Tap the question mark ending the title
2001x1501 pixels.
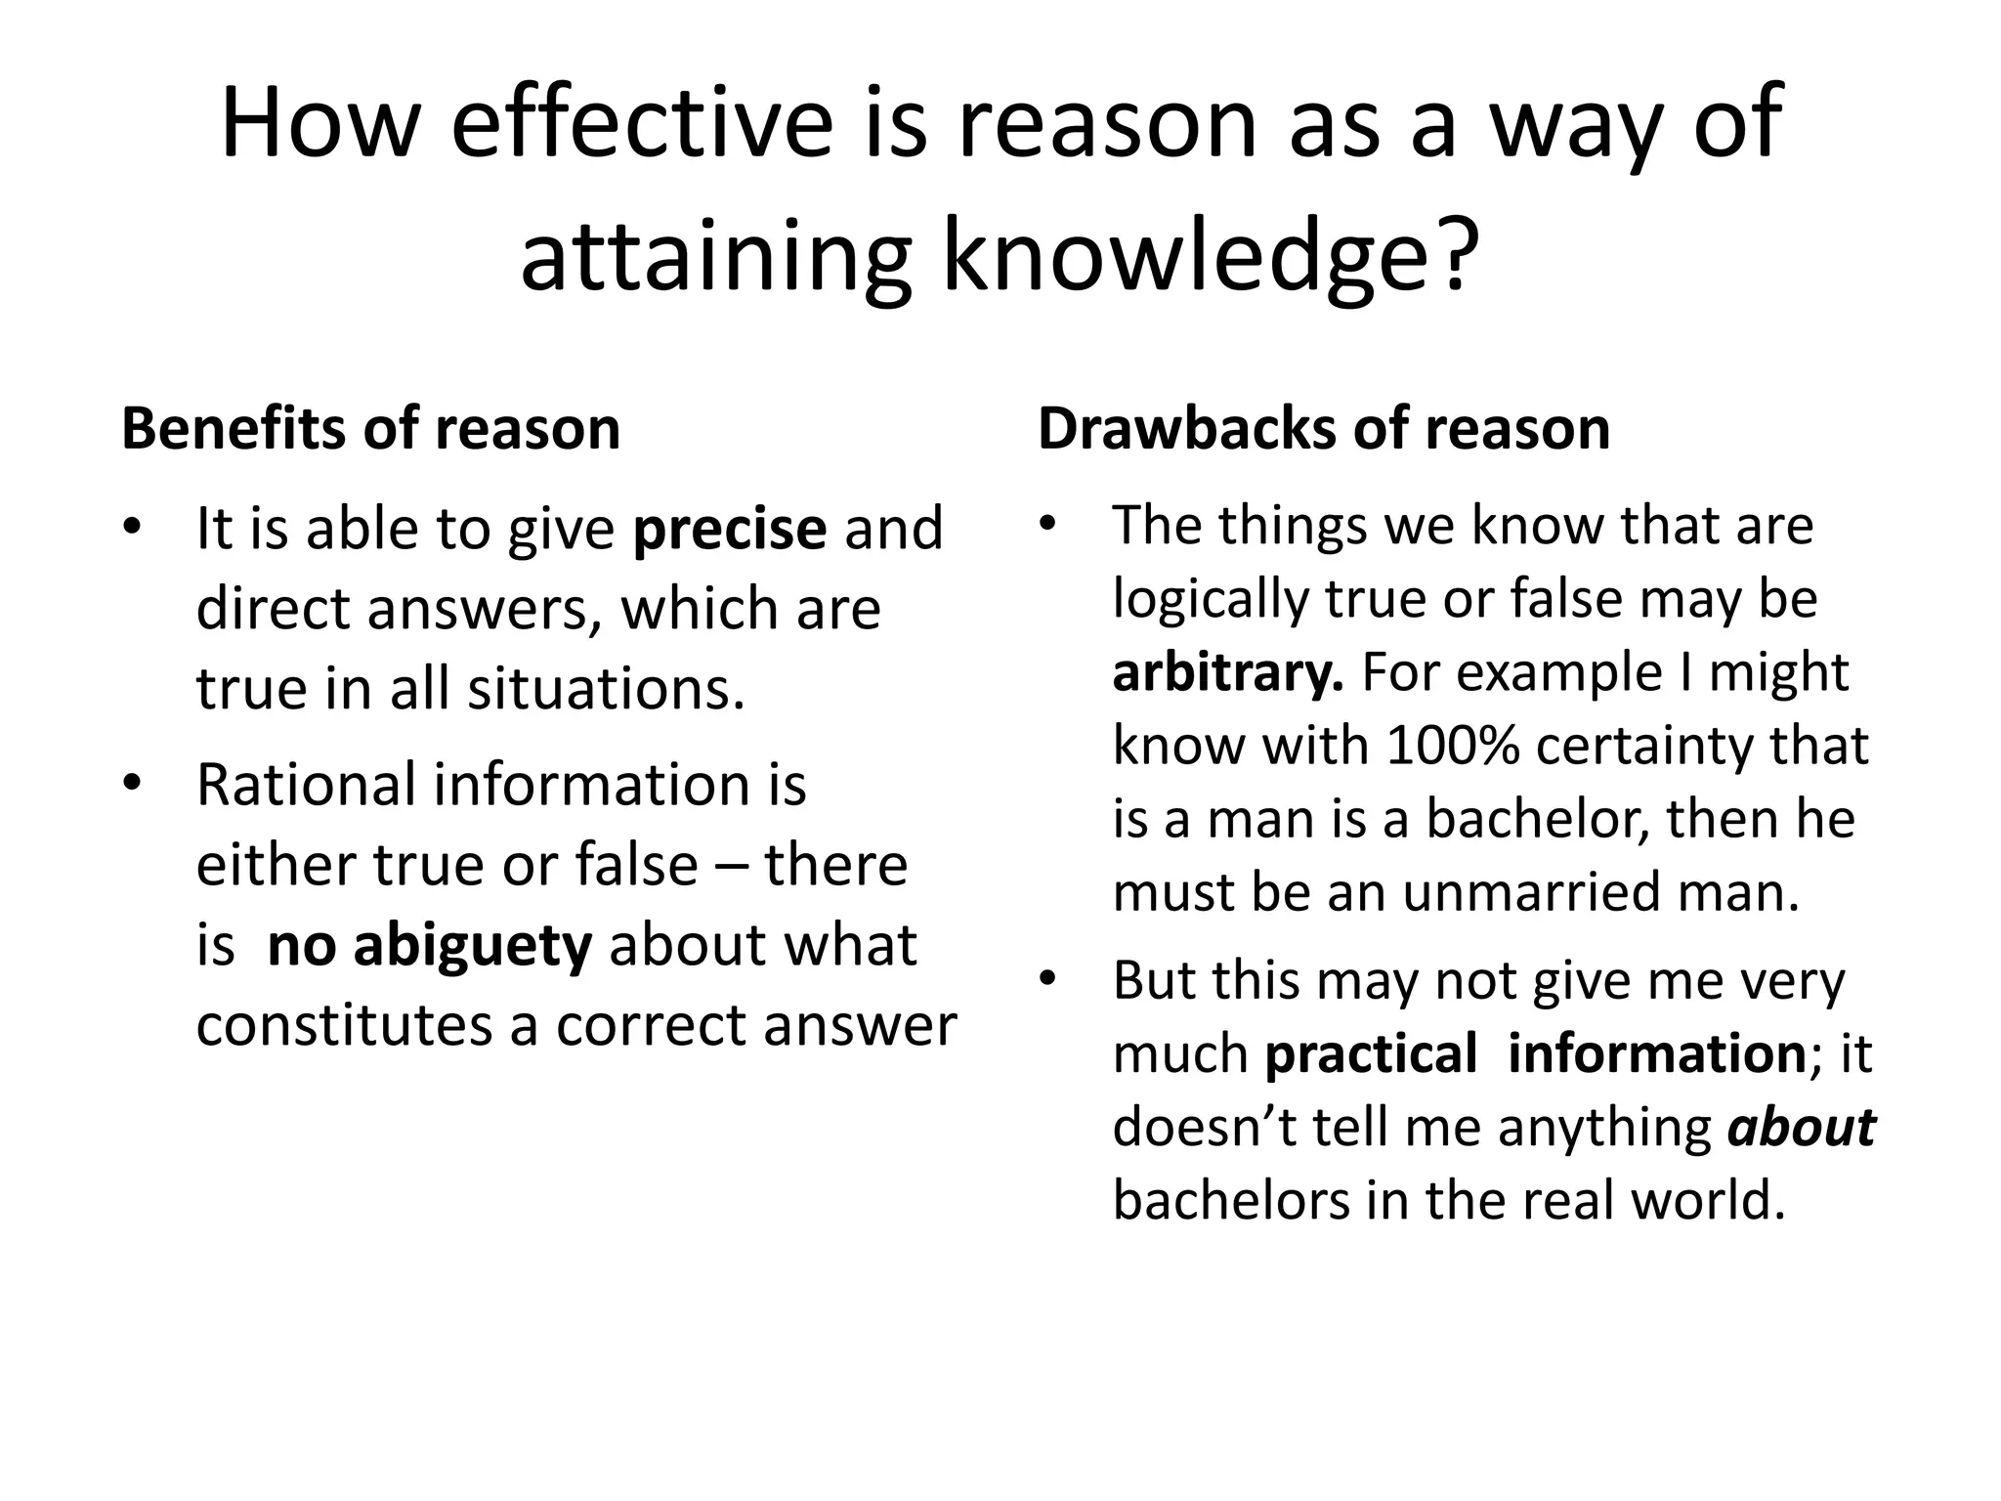tap(1456, 257)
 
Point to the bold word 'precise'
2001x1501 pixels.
tap(730, 529)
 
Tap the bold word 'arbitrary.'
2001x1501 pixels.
tap(1228, 672)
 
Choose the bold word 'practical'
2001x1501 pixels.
tap(1371, 1053)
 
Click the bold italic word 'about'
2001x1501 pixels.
tap(1801, 1127)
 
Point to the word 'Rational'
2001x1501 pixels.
tap(306, 785)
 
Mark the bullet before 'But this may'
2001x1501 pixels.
tap(1048, 978)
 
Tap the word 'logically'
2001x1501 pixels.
tap(1211, 599)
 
